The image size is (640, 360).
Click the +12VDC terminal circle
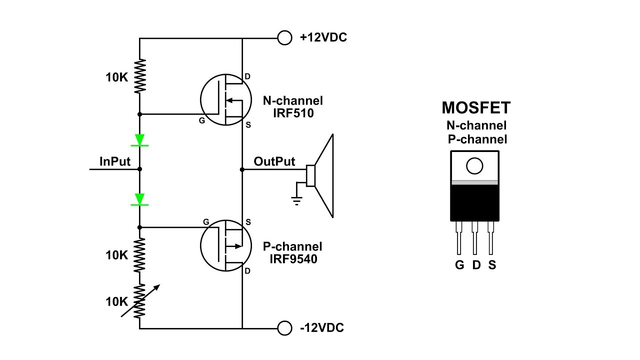click(284, 38)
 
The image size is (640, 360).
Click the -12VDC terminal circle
click(284, 328)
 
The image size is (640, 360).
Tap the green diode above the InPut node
click(140, 139)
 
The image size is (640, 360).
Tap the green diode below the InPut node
click(140, 199)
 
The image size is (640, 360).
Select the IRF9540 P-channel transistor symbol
click(221, 245)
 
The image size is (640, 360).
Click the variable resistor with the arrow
click(140, 301)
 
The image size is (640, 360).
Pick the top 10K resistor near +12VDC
click(140, 76)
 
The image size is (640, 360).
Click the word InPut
click(115, 161)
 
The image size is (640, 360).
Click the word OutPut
click(274, 161)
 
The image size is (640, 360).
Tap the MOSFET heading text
click(476, 108)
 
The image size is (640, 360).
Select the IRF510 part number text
click(293, 113)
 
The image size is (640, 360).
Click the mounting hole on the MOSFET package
click(474, 166)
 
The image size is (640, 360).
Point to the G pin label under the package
click(459, 265)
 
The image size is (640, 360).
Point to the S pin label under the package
click(492, 265)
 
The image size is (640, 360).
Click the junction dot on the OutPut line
click(242, 169)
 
